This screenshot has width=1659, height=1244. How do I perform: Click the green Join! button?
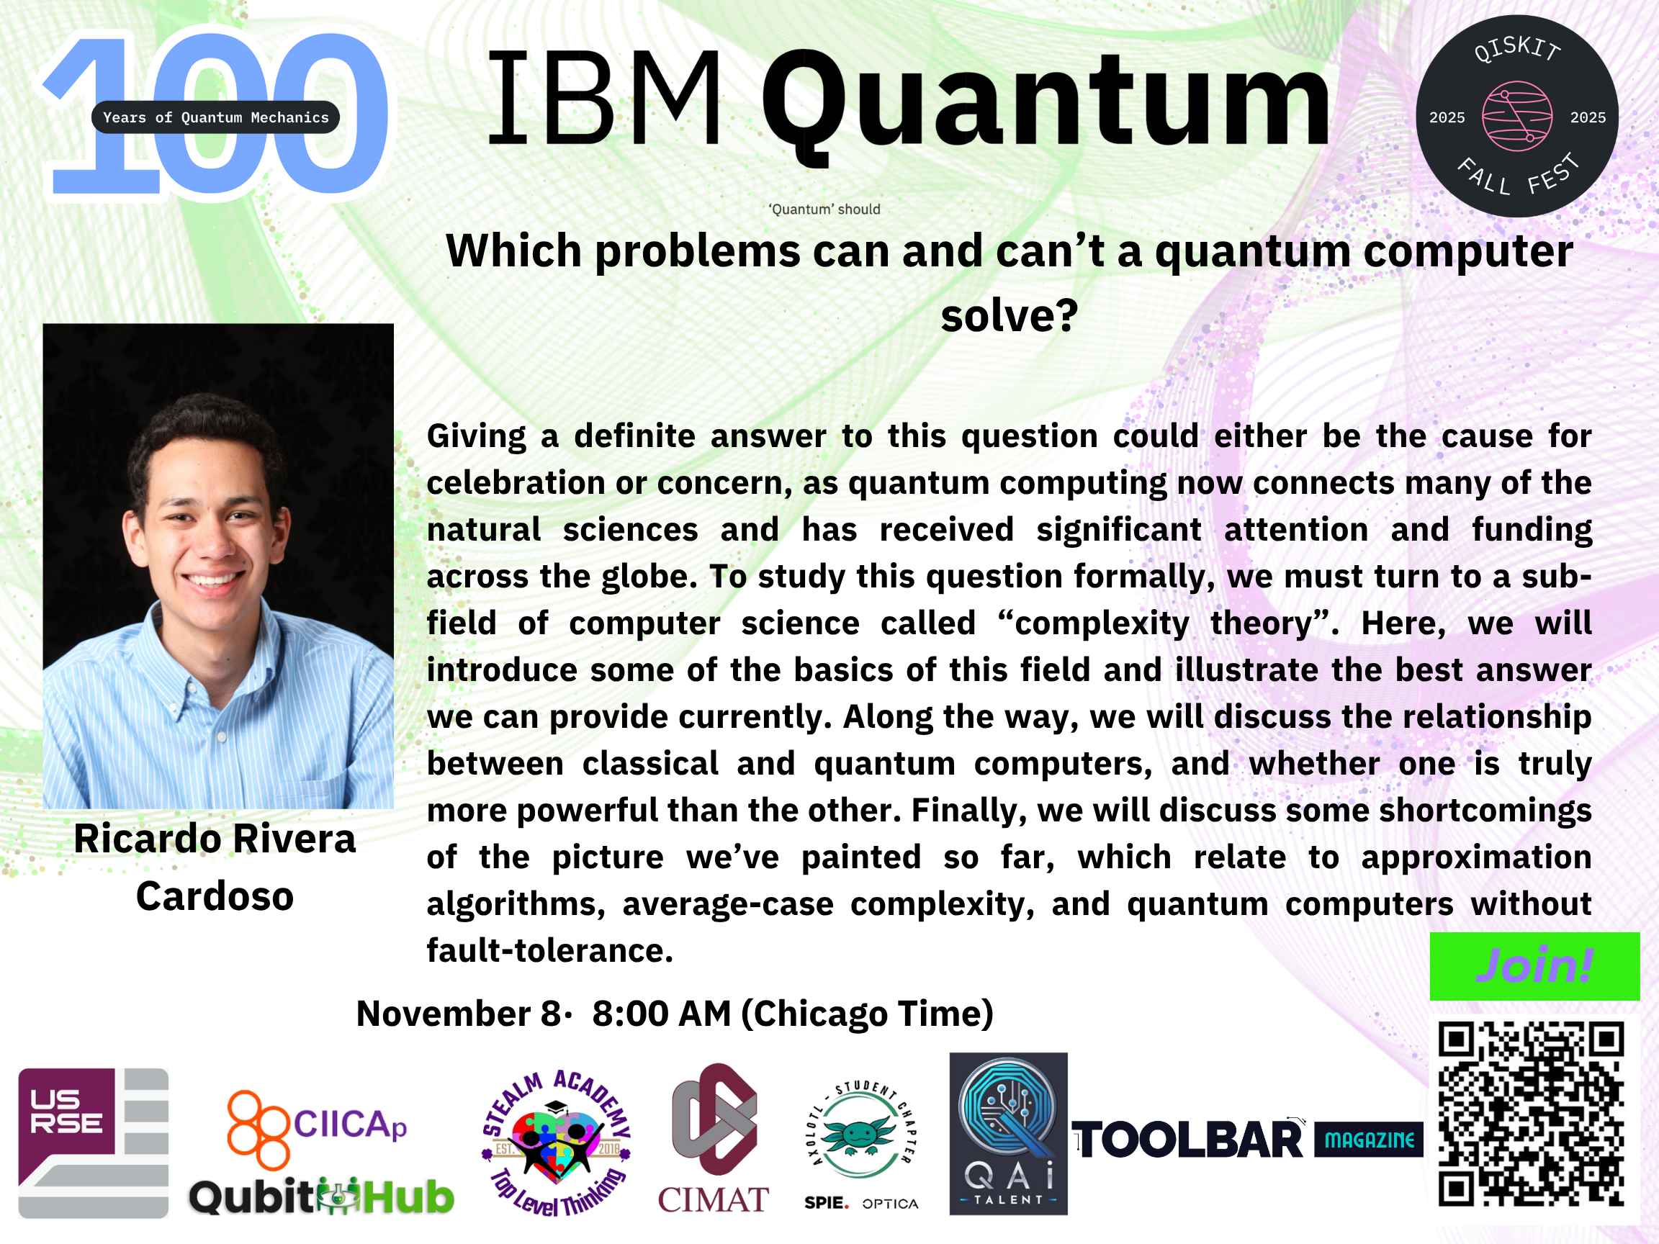pos(1534,966)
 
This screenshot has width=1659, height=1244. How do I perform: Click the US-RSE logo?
pos(93,1142)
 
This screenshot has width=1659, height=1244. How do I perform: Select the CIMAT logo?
pos(714,1138)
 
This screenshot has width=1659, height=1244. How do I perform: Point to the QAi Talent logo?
pos(1008,1133)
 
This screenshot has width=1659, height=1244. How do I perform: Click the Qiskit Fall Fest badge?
pos(1516,116)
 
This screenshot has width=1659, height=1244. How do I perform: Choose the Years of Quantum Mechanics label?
pos(215,117)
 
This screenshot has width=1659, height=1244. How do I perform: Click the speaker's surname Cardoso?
pos(215,896)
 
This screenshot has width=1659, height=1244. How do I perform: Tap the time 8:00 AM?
pos(662,1014)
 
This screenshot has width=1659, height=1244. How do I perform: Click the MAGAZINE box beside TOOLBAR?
pos(1369,1140)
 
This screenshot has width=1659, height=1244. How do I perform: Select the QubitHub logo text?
pos(321,1196)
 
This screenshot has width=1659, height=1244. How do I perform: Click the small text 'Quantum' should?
pos(824,209)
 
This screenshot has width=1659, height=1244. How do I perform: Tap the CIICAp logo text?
pos(349,1124)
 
